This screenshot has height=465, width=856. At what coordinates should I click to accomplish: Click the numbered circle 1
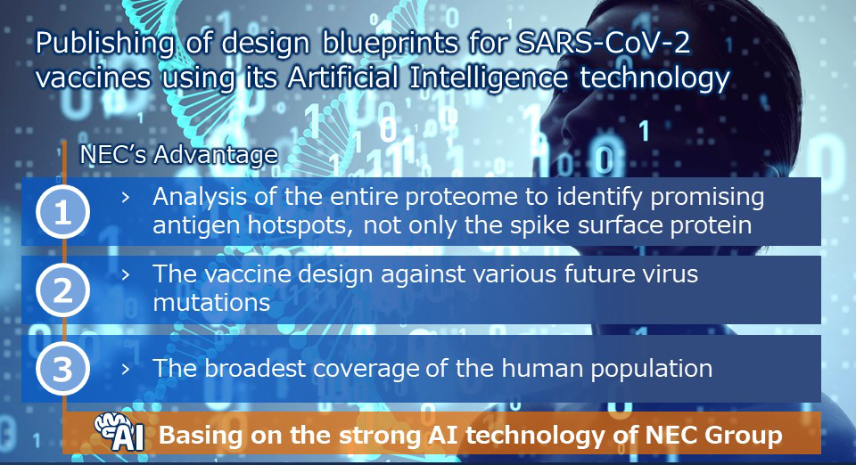(62, 211)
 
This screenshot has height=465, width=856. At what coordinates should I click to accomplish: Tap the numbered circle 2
(62, 290)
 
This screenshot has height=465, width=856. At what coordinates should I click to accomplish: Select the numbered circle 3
(62, 369)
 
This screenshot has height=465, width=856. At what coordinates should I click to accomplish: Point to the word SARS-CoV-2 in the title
(604, 43)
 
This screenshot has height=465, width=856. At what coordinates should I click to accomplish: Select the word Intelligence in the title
(489, 78)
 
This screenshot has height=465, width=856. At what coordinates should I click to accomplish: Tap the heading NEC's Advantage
(178, 154)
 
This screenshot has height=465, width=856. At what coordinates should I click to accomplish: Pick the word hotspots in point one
(300, 225)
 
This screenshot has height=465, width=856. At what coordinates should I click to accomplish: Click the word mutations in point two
(212, 303)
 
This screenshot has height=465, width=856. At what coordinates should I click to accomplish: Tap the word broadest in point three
(255, 369)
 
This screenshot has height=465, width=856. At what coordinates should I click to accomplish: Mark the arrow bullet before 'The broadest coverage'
(126, 369)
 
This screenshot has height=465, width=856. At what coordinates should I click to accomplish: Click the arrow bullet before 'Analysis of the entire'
(126, 198)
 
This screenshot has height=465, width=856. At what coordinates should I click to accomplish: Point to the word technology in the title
(654, 78)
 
